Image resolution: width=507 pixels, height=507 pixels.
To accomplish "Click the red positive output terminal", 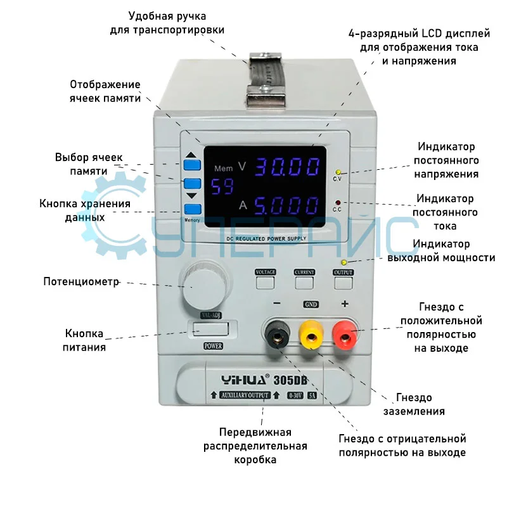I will [x=345, y=336].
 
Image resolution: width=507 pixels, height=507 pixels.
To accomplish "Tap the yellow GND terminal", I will [x=311, y=335].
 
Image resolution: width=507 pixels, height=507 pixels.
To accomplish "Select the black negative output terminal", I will [x=276, y=335].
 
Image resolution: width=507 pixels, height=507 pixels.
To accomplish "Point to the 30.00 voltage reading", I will [x=287, y=167].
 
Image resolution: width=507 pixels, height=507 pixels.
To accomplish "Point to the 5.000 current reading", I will [x=287, y=205].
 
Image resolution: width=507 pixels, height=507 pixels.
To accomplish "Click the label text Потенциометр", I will [x=81, y=281].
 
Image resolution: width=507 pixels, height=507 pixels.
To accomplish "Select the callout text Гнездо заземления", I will [x=414, y=404].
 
